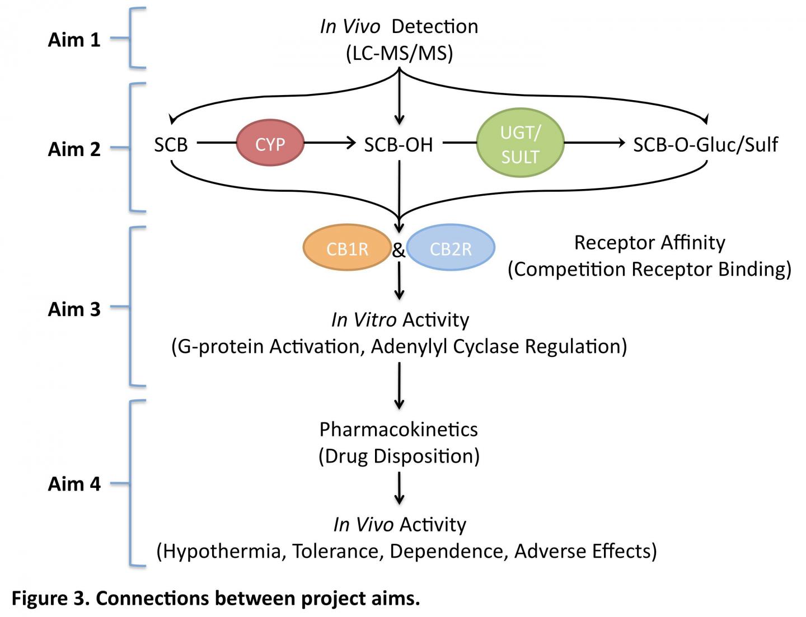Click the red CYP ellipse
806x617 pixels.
pyautogui.click(x=270, y=144)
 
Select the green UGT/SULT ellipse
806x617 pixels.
pyautogui.click(x=520, y=144)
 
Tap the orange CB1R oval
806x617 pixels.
pyautogui.click(x=347, y=248)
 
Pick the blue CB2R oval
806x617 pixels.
pyautogui.click(x=451, y=248)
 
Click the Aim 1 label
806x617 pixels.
pyautogui.click(x=74, y=40)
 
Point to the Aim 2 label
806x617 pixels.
pyautogui.click(x=74, y=149)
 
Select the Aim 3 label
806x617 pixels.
pyautogui.click(x=74, y=309)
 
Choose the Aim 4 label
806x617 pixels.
pyautogui.click(x=74, y=483)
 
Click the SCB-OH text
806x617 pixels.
pyautogui.click(x=399, y=145)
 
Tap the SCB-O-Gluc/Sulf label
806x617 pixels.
pyautogui.click(x=705, y=145)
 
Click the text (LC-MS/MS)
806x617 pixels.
pyautogui.click(x=399, y=54)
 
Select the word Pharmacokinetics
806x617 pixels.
pyautogui.click(x=399, y=429)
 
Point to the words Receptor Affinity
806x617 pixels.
pyautogui.click(x=649, y=242)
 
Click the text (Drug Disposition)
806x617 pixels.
pyautogui.click(x=399, y=456)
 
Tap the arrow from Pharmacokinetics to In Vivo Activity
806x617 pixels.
pyautogui.click(x=399, y=488)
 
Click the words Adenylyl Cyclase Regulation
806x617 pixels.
pyautogui.click(x=498, y=346)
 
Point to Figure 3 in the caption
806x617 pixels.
pyautogui.click(x=49, y=598)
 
